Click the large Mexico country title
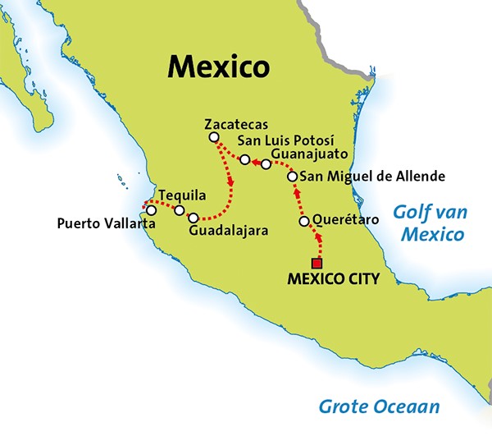pyautogui.click(x=218, y=65)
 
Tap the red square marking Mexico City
pyautogui.click(x=317, y=263)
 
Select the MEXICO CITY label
pyautogui.click(x=333, y=279)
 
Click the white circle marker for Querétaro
pyautogui.click(x=304, y=222)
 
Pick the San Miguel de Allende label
pyautogui.click(x=372, y=176)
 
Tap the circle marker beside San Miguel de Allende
pyautogui.click(x=292, y=177)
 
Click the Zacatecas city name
pyautogui.click(x=236, y=124)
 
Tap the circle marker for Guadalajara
pyautogui.click(x=194, y=218)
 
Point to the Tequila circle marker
pyautogui.click(x=179, y=210)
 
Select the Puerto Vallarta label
pyautogui.click(x=102, y=223)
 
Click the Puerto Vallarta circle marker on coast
pyautogui.click(x=151, y=210)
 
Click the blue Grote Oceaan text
pyautogui.click(x=379, y=406)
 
